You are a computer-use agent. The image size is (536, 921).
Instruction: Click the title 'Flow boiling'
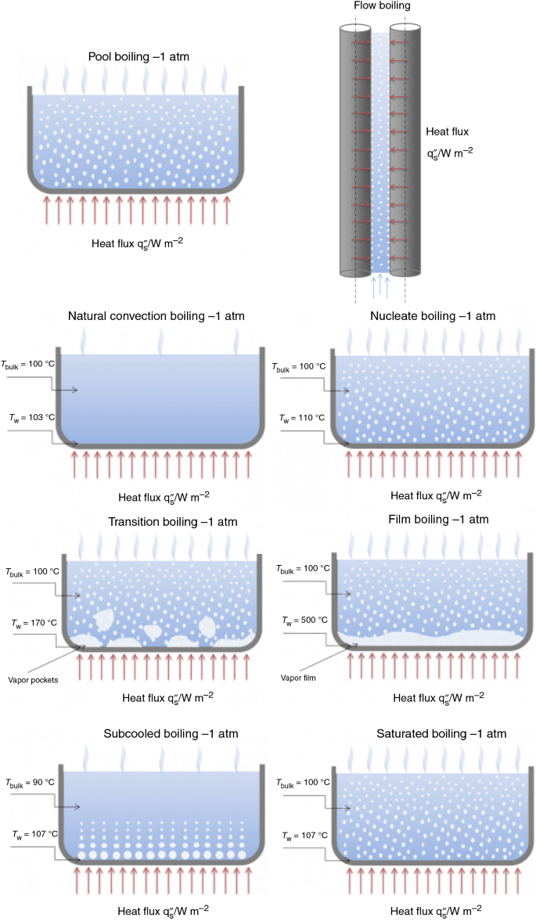click(379, 7)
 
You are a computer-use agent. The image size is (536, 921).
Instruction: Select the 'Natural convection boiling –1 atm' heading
click(156, 317)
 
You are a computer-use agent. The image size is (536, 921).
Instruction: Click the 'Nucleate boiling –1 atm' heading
click(433, 317)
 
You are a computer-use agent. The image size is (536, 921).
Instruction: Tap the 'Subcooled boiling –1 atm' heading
click(171, 734)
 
